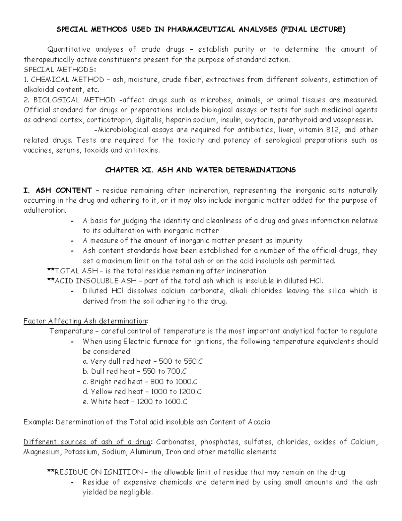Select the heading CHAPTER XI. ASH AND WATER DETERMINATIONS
[x=200, y=170]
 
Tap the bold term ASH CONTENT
[x=63, y=191]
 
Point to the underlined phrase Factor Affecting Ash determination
[x=85, y=321]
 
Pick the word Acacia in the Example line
[x=259, y=422]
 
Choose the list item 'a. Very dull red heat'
[x=117, y=361]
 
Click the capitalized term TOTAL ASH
[x=73, y=271]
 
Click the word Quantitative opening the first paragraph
[x=69, y=49]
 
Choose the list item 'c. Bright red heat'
[x=113, y=381]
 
